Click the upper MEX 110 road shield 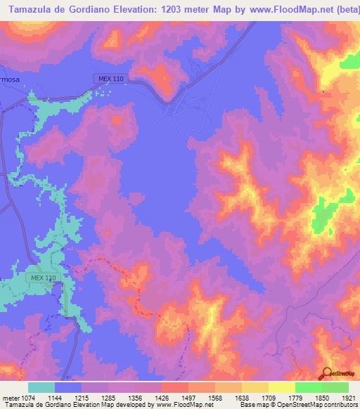pyautogui.click(x=103, y=79)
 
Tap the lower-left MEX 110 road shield pyautogui.click(x=43, y=278)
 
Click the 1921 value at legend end pyautogui.click(x=345, y=397)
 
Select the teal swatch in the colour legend pyautogui.click(x=41, y=387)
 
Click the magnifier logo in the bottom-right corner pyautogui.click(x=327, y=373)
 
